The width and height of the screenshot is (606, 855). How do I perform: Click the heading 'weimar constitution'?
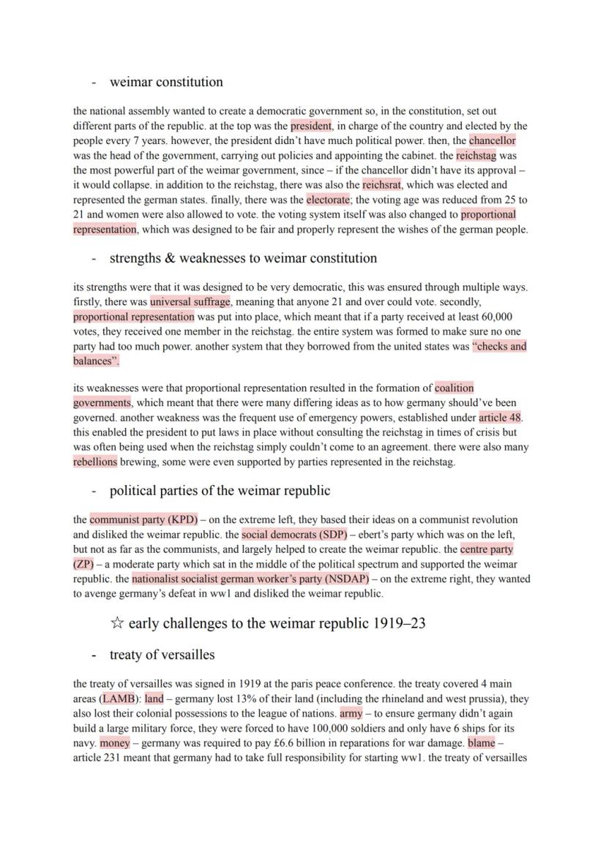(x=165, y=82)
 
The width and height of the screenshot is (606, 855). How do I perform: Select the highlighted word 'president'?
(x=311, y=126)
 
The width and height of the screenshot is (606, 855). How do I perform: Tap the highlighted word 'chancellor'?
(x=492, y=140)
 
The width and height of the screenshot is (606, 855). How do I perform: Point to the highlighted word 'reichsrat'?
(x=382, y=185)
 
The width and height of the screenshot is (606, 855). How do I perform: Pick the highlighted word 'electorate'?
(x=328, y=200)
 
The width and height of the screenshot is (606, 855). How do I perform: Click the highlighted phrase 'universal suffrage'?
(x=190, y=302)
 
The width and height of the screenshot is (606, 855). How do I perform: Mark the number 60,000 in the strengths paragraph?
(x=497, y=317)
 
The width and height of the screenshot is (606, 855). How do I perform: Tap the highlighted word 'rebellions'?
(x=95, y=462)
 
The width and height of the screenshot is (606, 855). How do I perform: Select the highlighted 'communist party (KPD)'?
(x=143, y=520)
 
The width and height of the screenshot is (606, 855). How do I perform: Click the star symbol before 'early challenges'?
(x=116, y=623)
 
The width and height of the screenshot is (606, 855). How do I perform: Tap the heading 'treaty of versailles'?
(x=161, y=654)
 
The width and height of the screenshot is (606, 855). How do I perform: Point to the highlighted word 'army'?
(x=351, y=713)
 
